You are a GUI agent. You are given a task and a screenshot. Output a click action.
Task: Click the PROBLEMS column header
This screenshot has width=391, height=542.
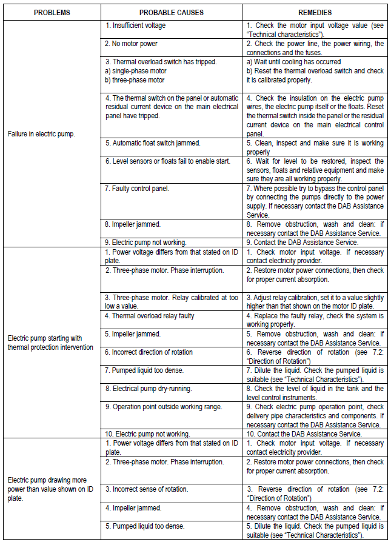pyautogui.click(x=52, y=12)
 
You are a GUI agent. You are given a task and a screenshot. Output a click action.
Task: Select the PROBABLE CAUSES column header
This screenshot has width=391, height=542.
pyautogui.click(x=171, y=12)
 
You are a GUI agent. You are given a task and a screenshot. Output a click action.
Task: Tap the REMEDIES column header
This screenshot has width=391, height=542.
pyautogui.click(x=315, y=12)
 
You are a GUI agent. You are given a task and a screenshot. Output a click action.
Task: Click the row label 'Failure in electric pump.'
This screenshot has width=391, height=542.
pyautogui.click(x=41, y=134)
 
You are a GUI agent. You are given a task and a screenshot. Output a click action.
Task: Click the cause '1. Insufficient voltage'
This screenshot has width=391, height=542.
pyautogui.click(x=136, y=25)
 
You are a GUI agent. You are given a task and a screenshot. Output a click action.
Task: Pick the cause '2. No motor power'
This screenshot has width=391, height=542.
pyautogui.click(x=132, y=44)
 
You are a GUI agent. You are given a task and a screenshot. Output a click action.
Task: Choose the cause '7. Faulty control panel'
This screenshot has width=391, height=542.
pyautogui.click(x=137, y=189)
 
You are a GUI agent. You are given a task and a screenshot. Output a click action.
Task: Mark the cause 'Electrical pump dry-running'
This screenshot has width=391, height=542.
pyautogui.click(x=148, y=389)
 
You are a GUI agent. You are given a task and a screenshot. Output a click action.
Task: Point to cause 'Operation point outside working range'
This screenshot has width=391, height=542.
pyautogui.click(x=163, y=407)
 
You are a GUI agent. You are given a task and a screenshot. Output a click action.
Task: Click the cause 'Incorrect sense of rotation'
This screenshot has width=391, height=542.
pyautogui.click(x=146, y=489)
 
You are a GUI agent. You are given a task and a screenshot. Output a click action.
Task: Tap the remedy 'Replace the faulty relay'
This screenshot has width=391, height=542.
pyautogui.click(x=315, y=320)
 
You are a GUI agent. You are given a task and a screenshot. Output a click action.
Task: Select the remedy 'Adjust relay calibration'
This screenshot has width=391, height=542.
pyautogui.click(x=315, y=302)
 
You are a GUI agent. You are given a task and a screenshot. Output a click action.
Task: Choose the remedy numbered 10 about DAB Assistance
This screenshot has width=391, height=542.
pyautogui.click(x=304, y=433)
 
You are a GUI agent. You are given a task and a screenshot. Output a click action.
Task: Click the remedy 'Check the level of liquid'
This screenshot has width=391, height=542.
pyautogui.click(x=315, y=393)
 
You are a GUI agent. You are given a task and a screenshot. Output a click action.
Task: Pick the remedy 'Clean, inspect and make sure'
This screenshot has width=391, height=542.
pyautogui.click(x=315, y=147)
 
